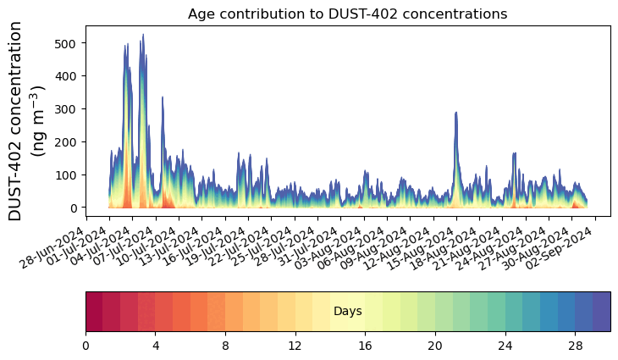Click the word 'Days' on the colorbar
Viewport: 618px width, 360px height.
pos(348,312)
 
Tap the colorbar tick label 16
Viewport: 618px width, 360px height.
pos(366,346)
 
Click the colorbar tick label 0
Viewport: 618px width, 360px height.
pos(86,346)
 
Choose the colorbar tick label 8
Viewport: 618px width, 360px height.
pos(225,346)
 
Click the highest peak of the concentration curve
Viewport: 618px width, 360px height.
pos(143,36)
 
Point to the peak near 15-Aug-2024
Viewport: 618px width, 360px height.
pos(456,112)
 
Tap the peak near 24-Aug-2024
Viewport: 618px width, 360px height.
pos(515,153)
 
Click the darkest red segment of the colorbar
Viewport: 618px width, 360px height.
pos(94,312)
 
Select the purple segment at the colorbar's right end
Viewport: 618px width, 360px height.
pos(602,312)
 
